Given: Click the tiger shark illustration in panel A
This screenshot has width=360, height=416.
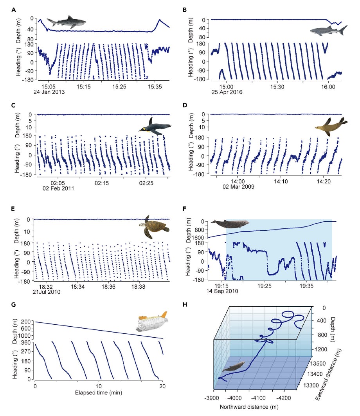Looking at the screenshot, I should point(67,23).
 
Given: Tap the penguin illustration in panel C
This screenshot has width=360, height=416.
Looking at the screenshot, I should point(155,128).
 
